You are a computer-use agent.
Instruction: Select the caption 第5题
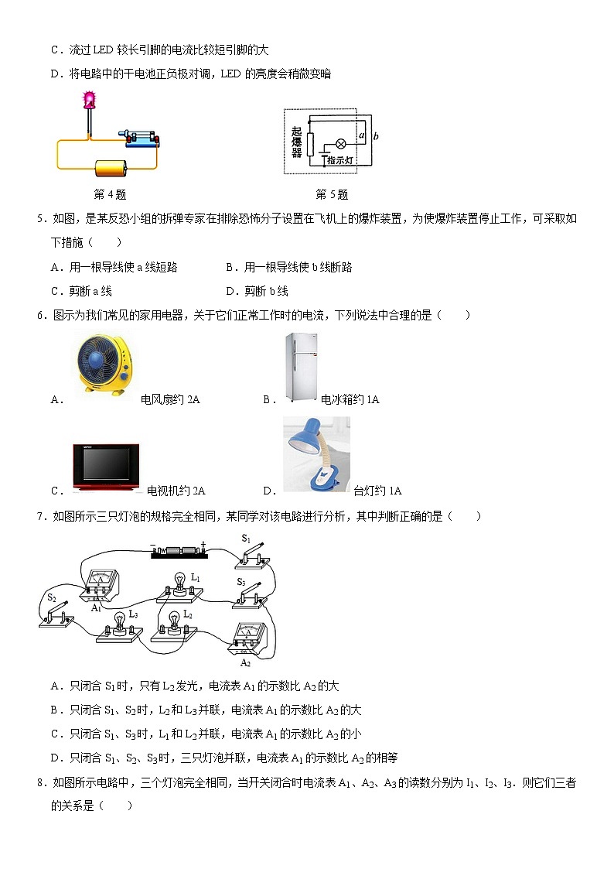(x=332, y=194)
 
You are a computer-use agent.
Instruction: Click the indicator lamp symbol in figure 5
(x=339, y=144)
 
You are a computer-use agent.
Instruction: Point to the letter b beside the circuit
(x=375, y=136)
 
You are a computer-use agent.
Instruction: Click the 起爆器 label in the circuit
(x=297, y=142)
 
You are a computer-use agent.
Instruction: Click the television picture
(x=105, y=467)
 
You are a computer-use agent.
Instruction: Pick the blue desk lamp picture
(x=316, y=454)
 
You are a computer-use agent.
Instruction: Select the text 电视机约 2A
(x=176, y=491)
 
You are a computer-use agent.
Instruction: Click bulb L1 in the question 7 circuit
(x=179, y=585)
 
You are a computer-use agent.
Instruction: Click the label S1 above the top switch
(x=245, y=538)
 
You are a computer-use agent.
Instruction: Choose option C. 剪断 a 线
(x=81, y=291)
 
